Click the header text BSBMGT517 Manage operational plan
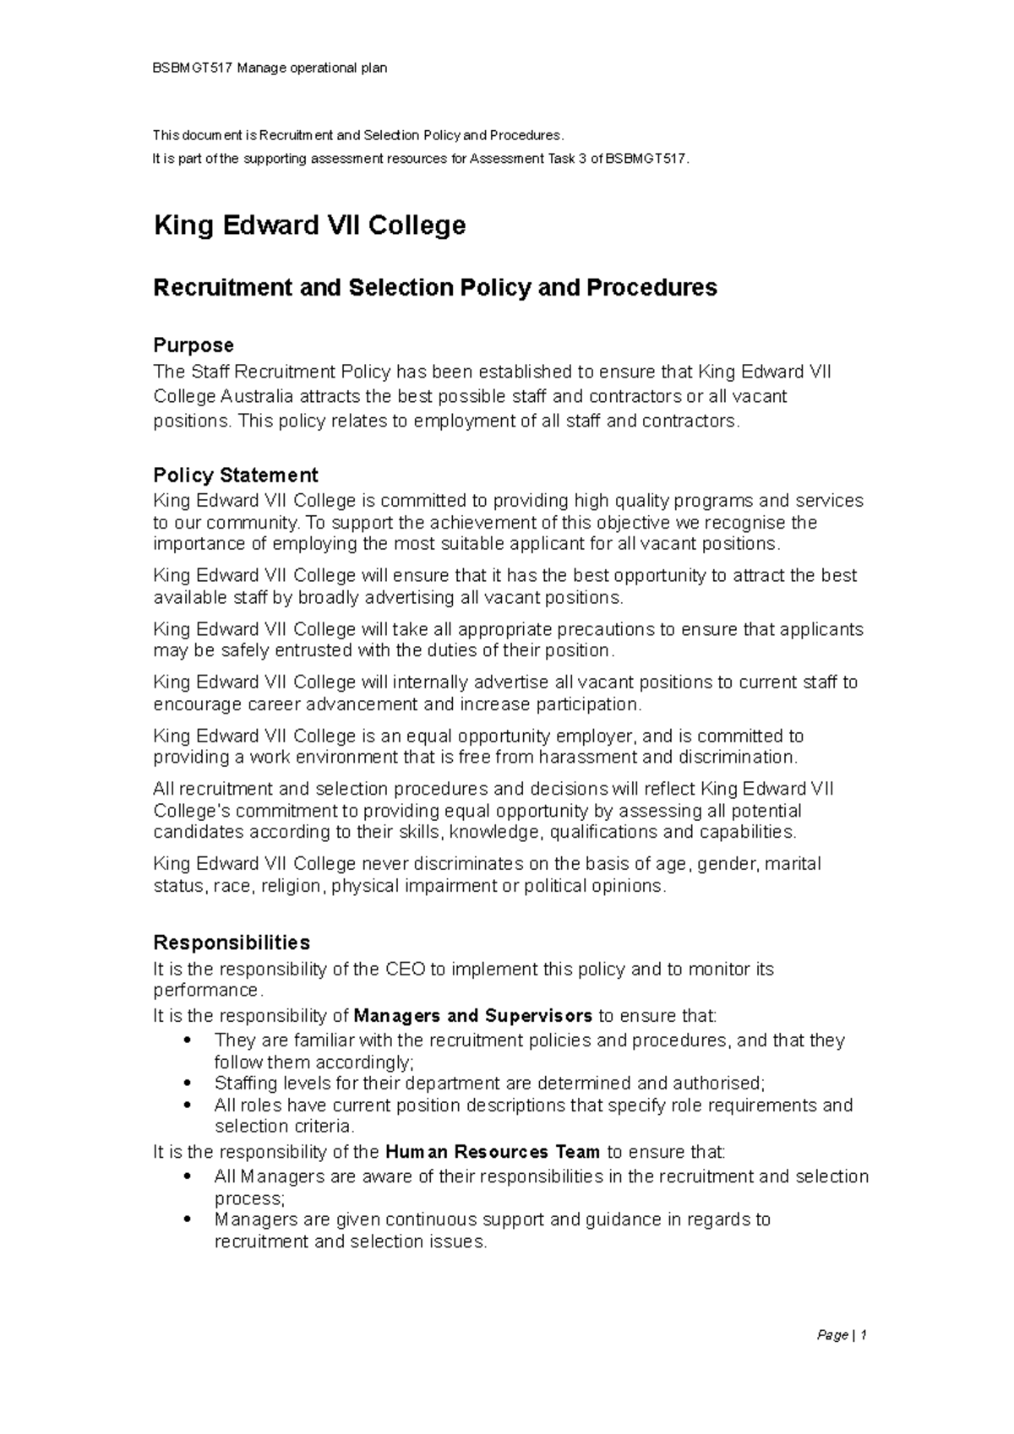(270, 68)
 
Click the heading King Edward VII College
(309, 225)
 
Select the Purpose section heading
(193, 345)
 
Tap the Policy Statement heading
(235, 475)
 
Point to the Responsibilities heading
(231, 942)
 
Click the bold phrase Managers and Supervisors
(473, 1015)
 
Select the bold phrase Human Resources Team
(492, 1152)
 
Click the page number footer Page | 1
(842, 1335)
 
